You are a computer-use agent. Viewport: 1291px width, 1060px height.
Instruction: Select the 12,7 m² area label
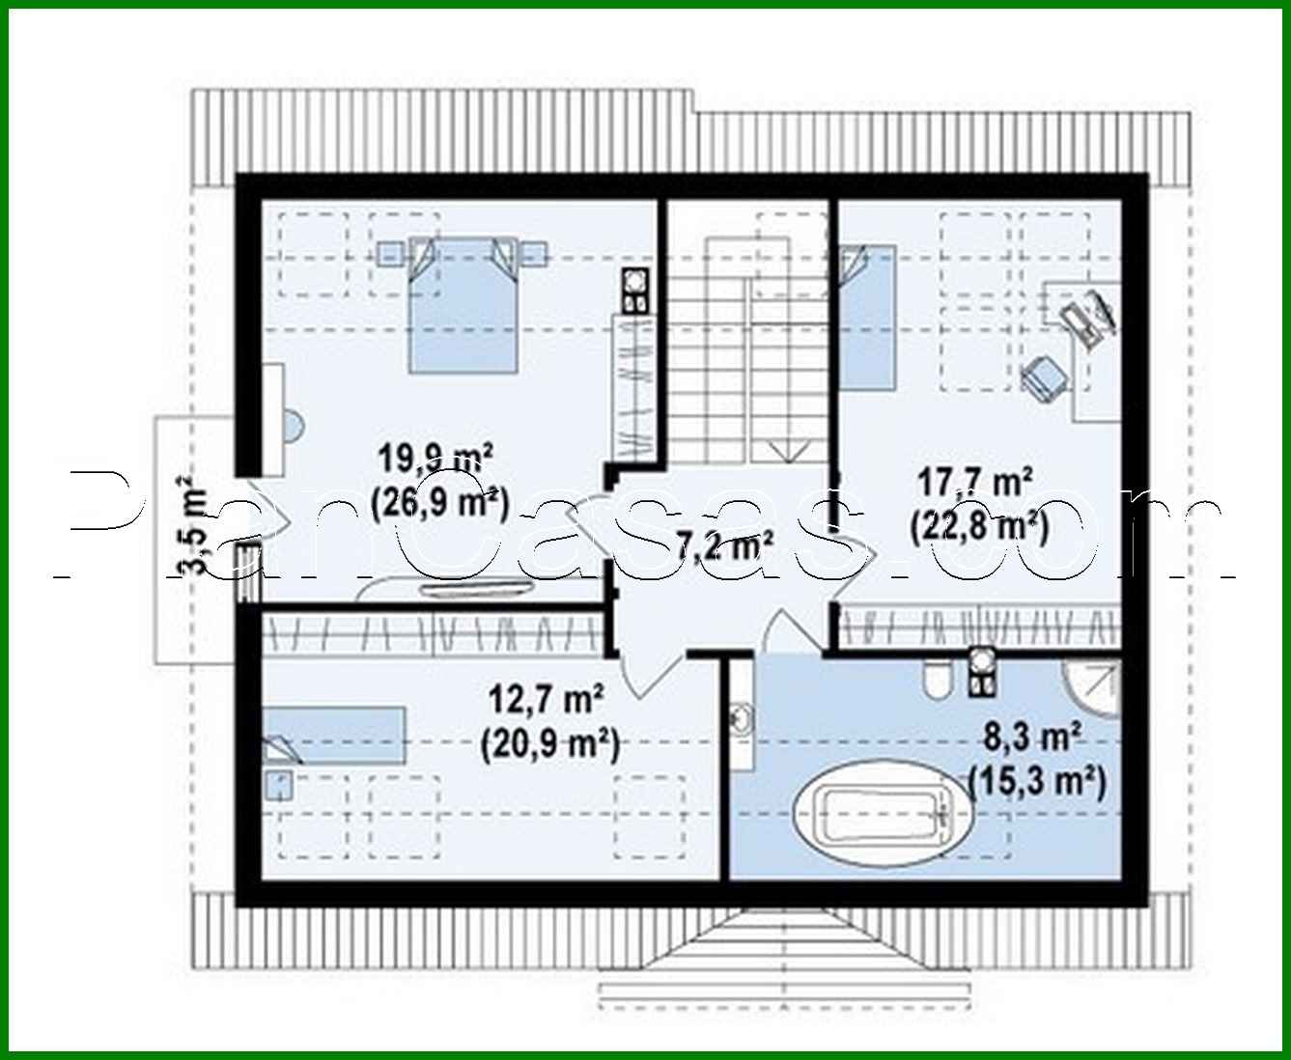547,698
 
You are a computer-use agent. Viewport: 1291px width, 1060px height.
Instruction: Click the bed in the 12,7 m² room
332,735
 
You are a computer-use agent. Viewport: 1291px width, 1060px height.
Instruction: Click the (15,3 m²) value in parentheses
1036,781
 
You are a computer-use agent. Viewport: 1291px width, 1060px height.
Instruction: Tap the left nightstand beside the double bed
390,253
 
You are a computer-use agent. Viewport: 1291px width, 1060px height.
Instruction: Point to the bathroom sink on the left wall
742,719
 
